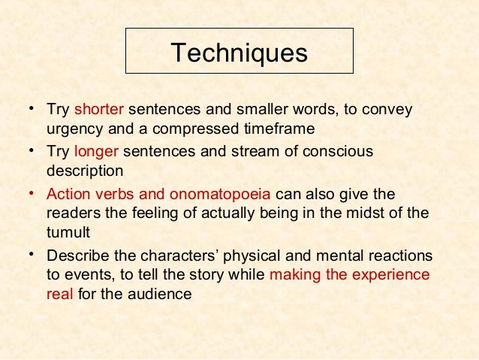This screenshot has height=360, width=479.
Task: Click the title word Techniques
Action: tap(239, 53)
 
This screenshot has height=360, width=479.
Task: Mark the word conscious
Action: tap(334, 152)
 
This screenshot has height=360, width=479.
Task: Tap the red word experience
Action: tap(390, 274)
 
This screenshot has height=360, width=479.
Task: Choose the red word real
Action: tap(59, 293)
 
